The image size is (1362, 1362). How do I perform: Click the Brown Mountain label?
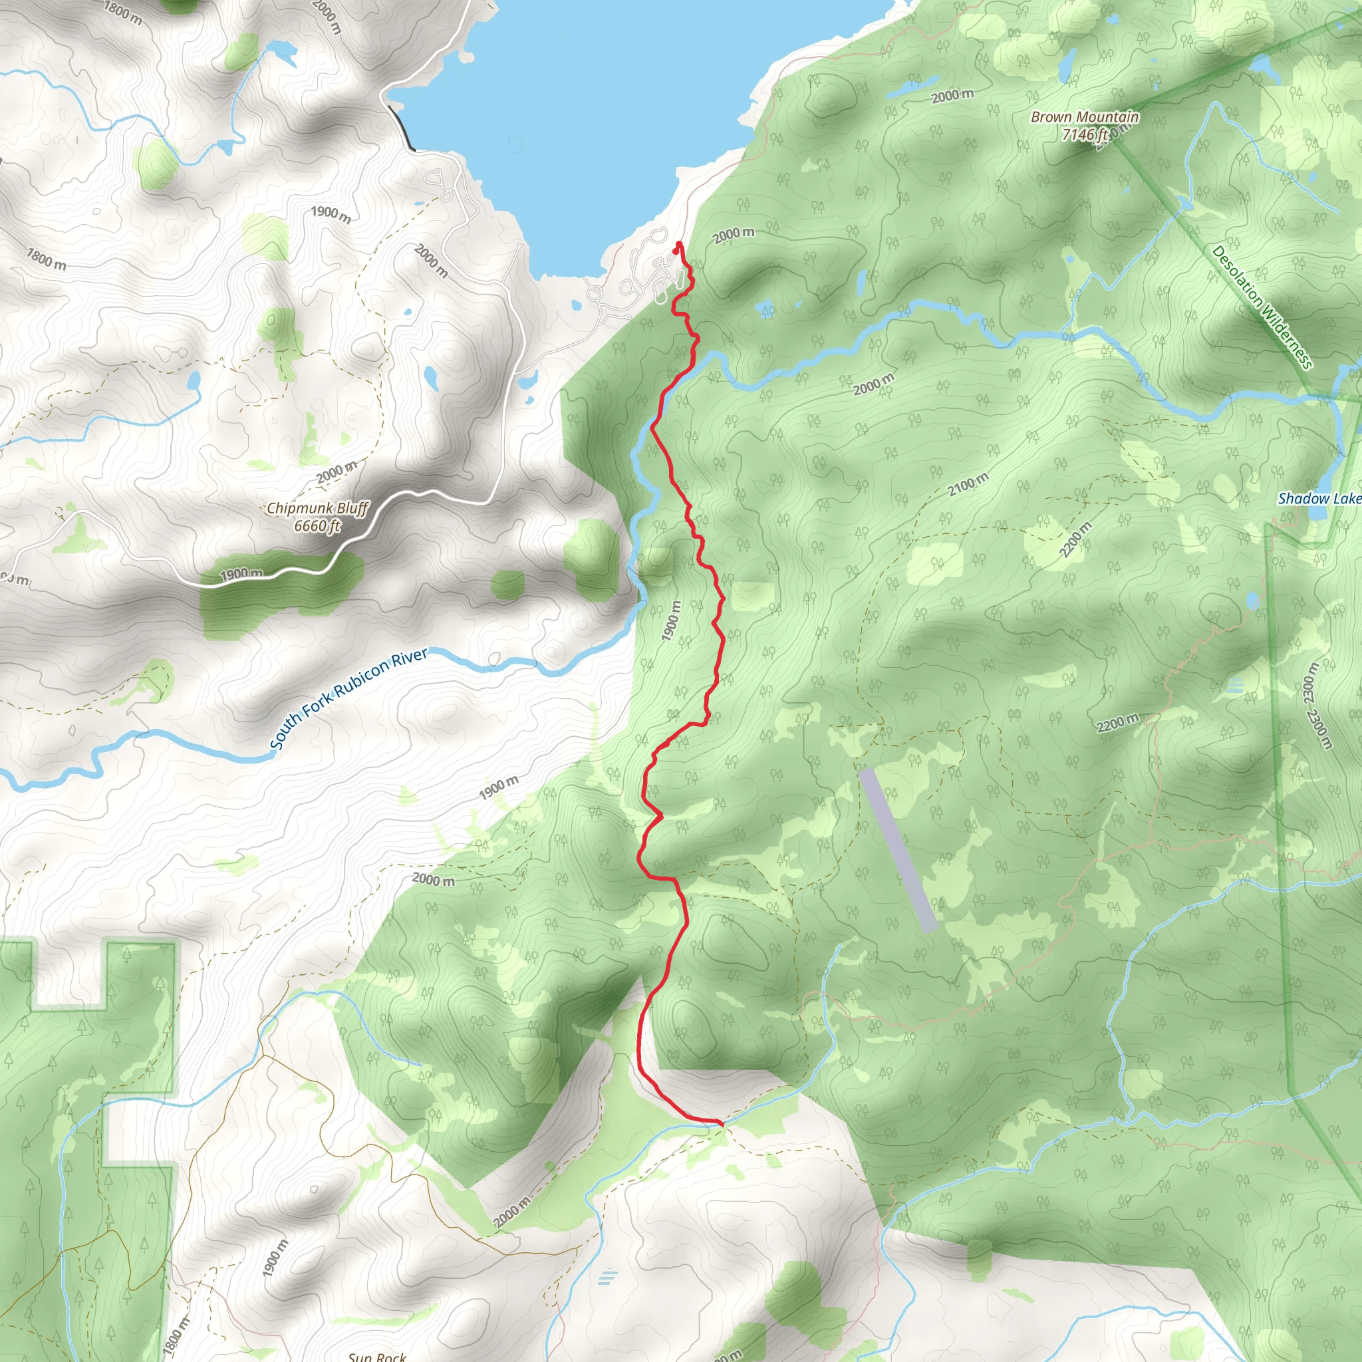tap(1084, 117)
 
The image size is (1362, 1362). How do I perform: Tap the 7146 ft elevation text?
tap(1084, 134)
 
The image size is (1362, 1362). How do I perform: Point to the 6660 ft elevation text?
tap(317, 526)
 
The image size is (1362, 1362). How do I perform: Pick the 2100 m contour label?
tap(967, 484)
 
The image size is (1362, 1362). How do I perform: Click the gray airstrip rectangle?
tap(898, 849)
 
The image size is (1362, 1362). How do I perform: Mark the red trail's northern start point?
tap(678, 246)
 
